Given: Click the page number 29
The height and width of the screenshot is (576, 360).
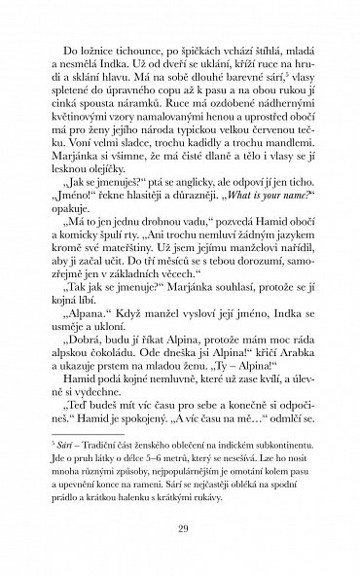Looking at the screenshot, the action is click(x=180, y=532).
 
